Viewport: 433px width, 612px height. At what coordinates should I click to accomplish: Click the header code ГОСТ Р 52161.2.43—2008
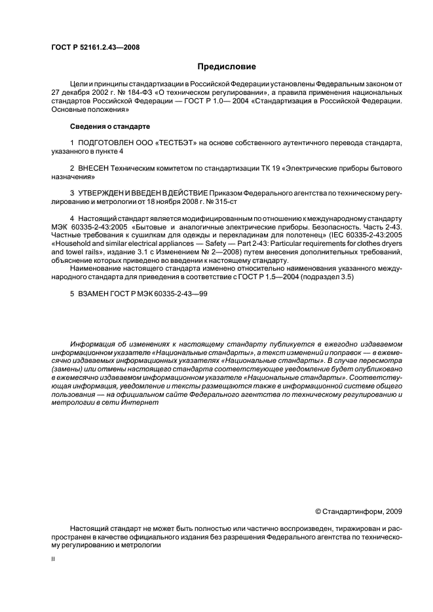pos(95,47)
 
